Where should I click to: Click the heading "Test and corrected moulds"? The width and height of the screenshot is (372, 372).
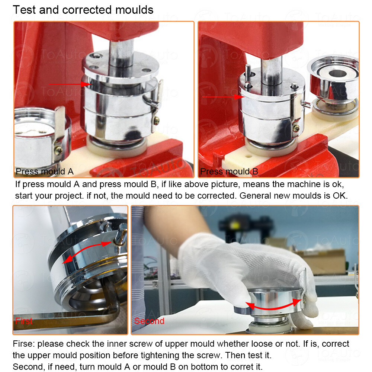[83, 10]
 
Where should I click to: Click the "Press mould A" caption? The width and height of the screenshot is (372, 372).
[45, 171]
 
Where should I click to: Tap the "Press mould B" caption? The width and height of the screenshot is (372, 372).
[229, 171]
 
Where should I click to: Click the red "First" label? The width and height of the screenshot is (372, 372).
[24, 321]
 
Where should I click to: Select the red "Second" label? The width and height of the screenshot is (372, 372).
[149, 321]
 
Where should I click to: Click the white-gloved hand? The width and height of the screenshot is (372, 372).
[238, 260]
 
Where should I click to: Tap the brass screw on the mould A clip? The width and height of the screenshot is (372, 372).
[157, 120]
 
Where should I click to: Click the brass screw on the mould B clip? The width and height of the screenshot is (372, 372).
[296, 128]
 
